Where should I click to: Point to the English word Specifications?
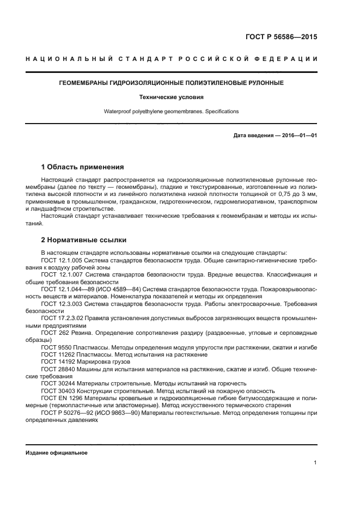point(221,111)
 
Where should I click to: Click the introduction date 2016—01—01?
point(298,135)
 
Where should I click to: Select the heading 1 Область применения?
point(83,167)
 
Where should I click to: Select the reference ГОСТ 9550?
point(55,347)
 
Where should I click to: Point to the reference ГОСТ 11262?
point(57,354)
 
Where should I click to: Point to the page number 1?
point(315,463)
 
